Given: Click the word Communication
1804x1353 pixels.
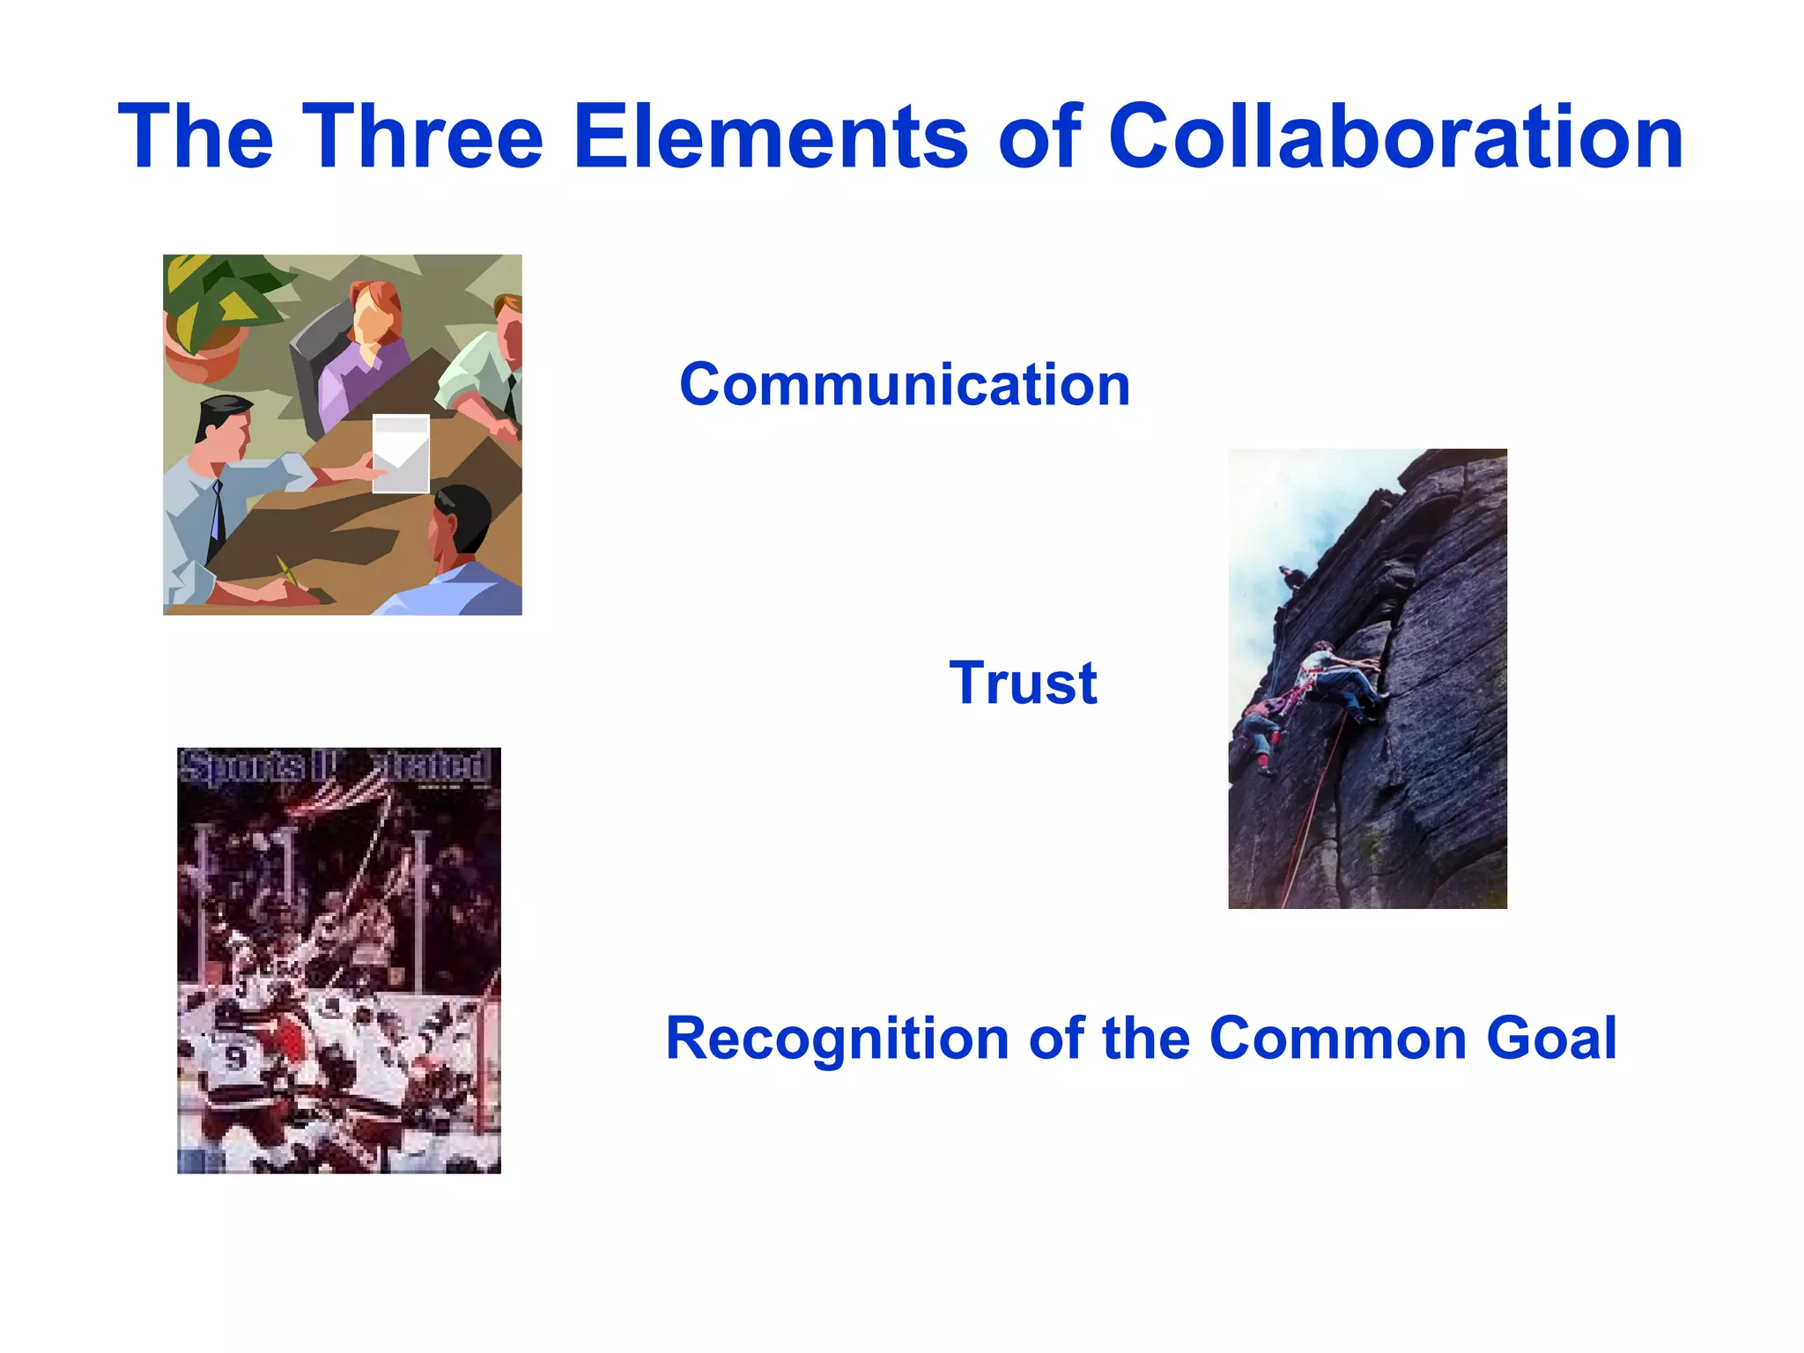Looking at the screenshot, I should (x=905, y=385).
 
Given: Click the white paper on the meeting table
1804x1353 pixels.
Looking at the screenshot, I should (x=401, y=452).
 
